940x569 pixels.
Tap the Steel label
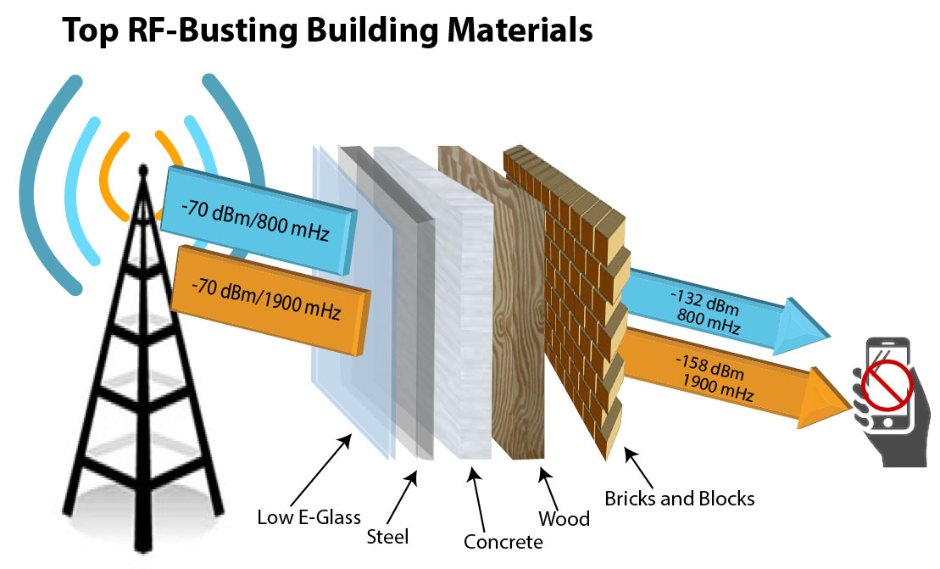387,536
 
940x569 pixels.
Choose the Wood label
564,517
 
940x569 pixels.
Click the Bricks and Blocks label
679,498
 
